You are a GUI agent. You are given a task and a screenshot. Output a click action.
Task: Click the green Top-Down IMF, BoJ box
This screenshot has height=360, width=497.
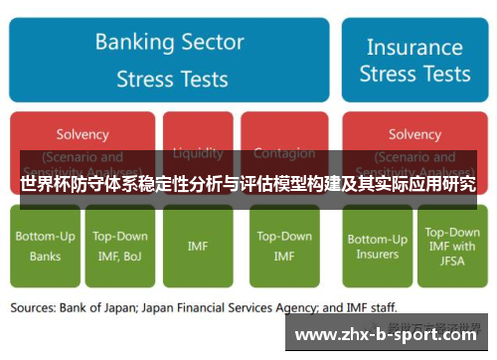[120, 246]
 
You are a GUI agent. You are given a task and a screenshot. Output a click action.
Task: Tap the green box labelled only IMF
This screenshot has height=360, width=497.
[198, 246]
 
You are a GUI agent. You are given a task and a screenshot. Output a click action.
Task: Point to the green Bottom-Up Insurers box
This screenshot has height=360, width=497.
[377, 246]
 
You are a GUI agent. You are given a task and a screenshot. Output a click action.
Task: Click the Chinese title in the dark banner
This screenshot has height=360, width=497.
[248, 184]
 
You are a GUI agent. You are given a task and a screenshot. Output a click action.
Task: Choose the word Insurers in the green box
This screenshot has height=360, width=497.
[377, 255]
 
